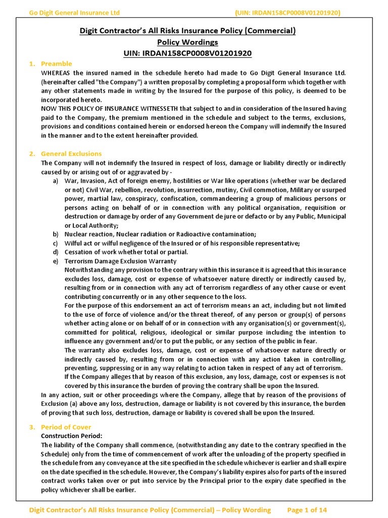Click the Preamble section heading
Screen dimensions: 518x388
[x=56, y=64]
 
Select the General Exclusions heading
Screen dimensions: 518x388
[x=71, y=154]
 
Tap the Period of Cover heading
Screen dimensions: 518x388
[x=66, y=427]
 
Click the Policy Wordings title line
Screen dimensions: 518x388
[x=187, y=42]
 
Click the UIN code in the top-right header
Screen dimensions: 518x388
[x=287, y=13]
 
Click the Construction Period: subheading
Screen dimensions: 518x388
[x=71, y=436]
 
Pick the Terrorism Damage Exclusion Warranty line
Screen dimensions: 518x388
[x=120, y=261]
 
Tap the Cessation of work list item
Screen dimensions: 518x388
[x=126, y=252]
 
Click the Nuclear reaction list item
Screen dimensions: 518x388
[x=160, y=234]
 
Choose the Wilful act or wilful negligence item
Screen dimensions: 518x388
[x=182, y=243]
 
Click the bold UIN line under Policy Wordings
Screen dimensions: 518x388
[x=187, y=53]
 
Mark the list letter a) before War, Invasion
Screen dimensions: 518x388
[x=55, y=181]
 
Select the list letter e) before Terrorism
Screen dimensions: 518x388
[x=55, y=261]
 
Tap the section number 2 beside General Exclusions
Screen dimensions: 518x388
[x=31, y=154]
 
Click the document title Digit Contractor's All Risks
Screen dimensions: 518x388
[x=187, y=31]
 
